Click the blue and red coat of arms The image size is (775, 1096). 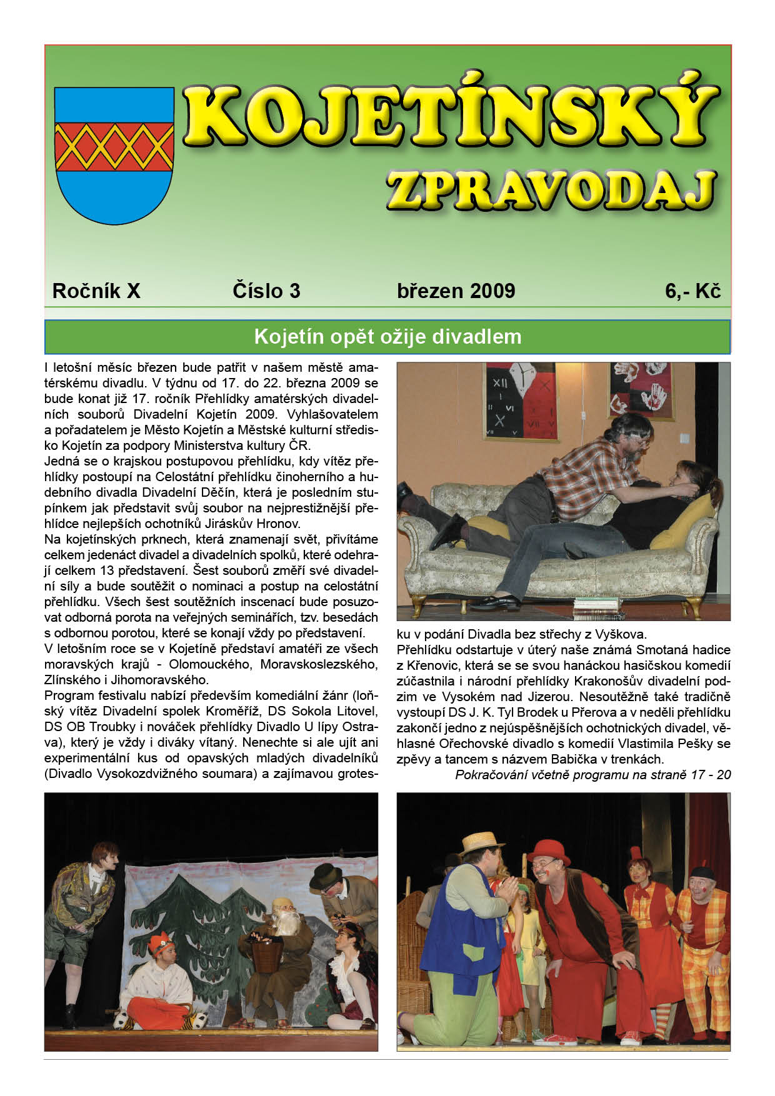[x=114, y=155]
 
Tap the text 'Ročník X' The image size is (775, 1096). [x=96, y=291]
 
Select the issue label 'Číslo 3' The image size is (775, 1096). [x=266, y=291]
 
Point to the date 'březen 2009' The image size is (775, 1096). [x=456, y=291]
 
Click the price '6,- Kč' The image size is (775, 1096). [x=692, y=291]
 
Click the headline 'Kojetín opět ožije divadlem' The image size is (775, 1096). [x=387, y=337]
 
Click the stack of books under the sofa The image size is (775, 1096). [x=596, y=604]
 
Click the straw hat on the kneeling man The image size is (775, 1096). [x=482, y=842]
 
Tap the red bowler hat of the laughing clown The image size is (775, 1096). [x=548, y=850]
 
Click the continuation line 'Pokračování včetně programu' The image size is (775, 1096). [x=592, y=775]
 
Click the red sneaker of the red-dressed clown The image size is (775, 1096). [x=556, y=1040]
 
